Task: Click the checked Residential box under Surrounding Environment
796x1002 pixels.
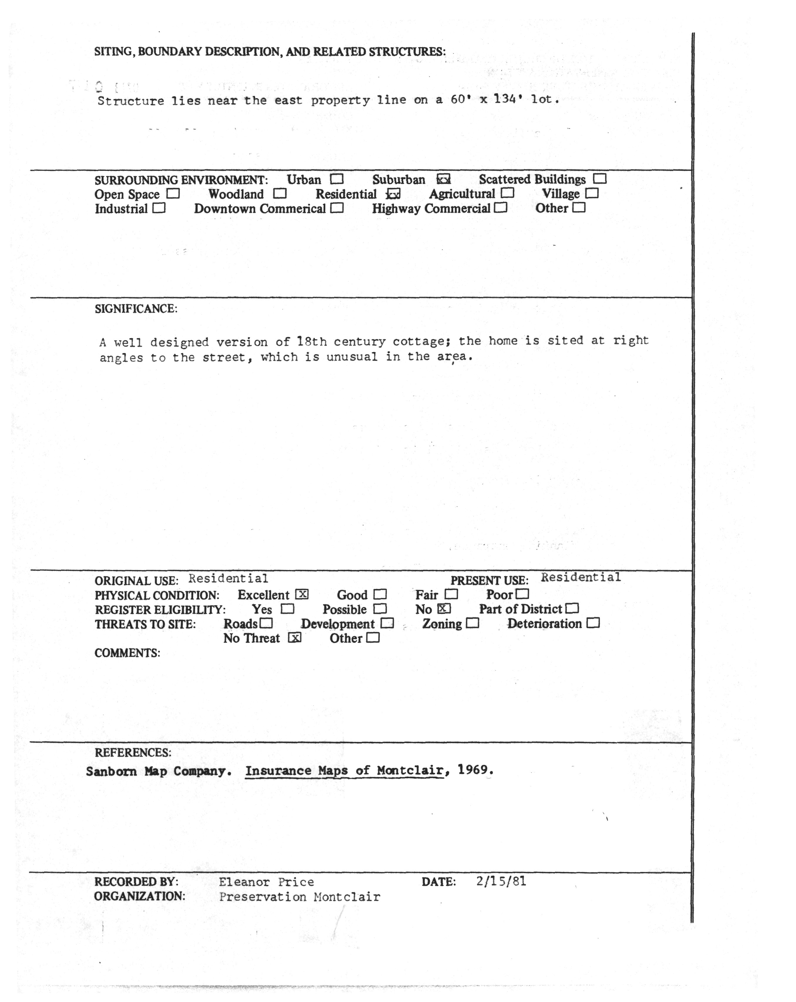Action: click(x=393, y=194)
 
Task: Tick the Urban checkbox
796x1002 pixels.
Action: click(x=337, y=179)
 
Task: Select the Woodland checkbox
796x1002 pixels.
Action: click(x=279, y=193)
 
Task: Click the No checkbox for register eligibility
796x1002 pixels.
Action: click(x=444, y=608)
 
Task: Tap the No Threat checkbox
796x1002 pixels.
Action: click(x=294, y=638)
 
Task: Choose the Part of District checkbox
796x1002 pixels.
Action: click(x=572, y=608)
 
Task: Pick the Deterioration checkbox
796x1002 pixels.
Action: click(x=593, y=623)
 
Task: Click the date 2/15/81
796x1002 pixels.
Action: click(x=501, y=881)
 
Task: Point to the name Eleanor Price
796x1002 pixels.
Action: click(x=267, y=882)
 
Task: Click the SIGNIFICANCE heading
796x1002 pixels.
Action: click(x=136, y=309)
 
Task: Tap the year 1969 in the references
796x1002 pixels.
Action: click(x=474, y=770)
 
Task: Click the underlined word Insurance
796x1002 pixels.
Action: click(x=278, y=771)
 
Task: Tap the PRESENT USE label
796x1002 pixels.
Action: click(x=489, y=581)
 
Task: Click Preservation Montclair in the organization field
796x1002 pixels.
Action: click(x=299, y=897)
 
